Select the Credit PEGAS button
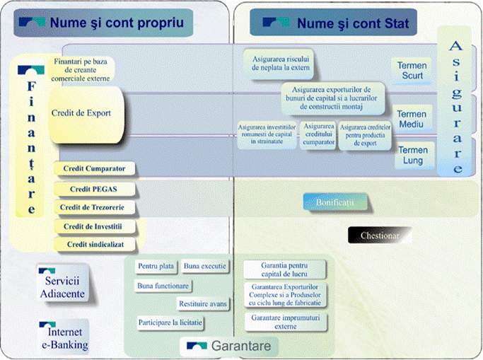coord(94,190)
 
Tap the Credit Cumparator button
coord(94,169)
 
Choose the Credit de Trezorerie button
coord(94,207)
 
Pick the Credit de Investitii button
coord(94,226)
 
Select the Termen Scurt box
coord(412,71)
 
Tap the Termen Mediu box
coord(412,119)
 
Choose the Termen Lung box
coord(412,155)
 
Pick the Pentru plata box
coord(156,267)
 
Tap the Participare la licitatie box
coord(170,323)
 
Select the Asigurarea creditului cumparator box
coord(319,134)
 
